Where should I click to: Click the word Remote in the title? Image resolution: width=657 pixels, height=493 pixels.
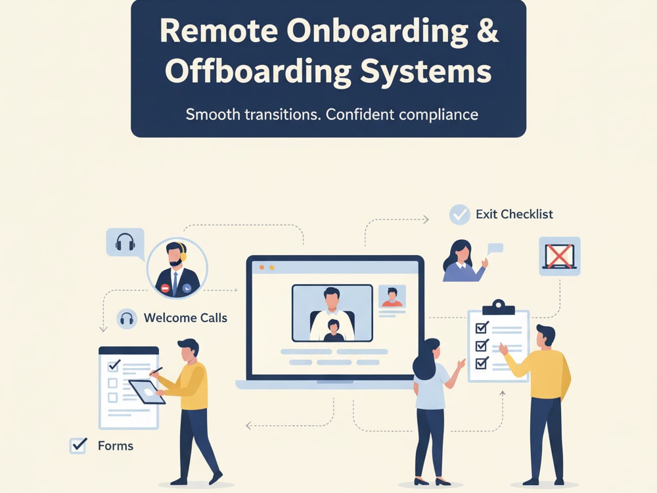(219, 31)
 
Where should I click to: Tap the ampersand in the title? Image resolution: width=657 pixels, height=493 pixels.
(487, 31)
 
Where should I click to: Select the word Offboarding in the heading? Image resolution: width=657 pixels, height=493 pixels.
(258, 71)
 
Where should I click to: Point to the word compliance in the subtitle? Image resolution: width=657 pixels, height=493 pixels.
(439, 114)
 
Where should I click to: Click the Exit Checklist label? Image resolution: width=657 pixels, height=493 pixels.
(514, 214)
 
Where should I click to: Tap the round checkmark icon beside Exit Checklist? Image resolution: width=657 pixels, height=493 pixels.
(460, 215)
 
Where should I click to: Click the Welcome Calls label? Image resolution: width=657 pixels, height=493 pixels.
(186, 317)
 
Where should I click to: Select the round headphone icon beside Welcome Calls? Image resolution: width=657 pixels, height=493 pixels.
(127, 319)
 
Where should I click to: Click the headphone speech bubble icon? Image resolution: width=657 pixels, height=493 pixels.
(125, 243)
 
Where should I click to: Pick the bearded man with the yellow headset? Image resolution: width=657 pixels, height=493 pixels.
(177, 268)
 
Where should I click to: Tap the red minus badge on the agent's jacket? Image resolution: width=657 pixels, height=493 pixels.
(166, 289)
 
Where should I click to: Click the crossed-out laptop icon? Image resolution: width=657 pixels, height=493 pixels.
(560, 256)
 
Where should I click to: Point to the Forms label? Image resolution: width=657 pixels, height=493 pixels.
(116, 446)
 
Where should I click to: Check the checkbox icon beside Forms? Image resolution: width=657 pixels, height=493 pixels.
(78, 446)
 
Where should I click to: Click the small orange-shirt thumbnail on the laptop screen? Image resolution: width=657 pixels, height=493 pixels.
(392, 296)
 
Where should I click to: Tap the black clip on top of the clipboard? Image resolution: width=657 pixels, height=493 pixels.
(499, 307)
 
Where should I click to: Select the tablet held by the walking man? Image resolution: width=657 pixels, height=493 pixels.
(147, 392)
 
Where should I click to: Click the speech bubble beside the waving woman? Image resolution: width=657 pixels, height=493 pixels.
(495, 248)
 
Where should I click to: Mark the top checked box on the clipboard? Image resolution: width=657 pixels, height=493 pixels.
(482, 327)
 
